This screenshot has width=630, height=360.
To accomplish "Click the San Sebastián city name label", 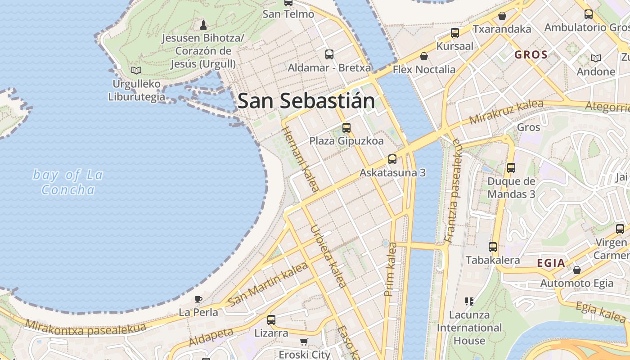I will click(306, 101).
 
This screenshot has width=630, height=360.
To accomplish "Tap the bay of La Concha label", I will click(68, 182).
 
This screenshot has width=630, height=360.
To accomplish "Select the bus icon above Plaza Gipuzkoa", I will click(346, 127).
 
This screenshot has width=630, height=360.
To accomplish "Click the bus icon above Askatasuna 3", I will click(392, 159).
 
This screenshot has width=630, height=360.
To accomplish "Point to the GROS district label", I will click(531, 55).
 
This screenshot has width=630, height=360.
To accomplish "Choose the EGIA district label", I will click(551, 263).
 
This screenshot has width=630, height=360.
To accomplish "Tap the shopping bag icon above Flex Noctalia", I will click(423, 56).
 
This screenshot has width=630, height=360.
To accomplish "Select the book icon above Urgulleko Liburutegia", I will click(136, 70).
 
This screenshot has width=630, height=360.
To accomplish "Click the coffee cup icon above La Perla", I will click(198, 299).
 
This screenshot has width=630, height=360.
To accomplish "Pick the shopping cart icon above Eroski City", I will click(304, 342).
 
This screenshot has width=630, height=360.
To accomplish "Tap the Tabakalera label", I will click(492, 260).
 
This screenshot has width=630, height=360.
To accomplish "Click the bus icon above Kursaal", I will click(454, 33).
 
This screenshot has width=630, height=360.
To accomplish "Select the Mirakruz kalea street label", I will click(506, 112).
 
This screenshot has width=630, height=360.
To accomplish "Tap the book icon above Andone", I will click(595, 58).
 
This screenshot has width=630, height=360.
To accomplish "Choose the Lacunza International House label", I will click(469, 328).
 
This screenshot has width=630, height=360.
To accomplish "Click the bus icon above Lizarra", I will click(271, 320).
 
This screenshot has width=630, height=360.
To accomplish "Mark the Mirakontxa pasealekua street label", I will click(85, 327).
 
